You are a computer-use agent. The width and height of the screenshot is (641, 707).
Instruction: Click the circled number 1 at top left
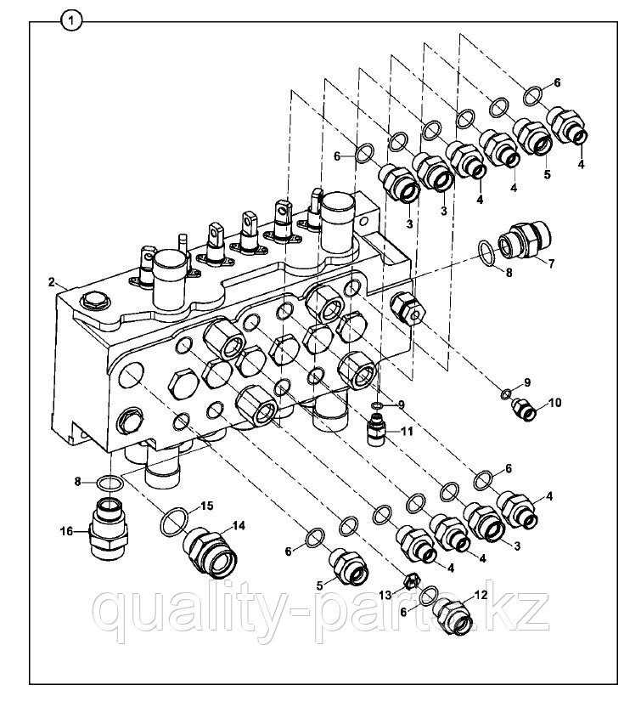coord(72,20)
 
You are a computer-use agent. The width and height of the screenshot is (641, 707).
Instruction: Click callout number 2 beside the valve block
coord(52,282)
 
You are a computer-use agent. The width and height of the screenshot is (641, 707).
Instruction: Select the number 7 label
coord(551,263)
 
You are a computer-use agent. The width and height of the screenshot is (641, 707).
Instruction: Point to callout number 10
coord(554,402)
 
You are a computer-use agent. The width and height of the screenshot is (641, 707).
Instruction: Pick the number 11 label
coord(407,432)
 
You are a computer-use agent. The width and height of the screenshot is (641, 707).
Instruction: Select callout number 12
coord(481,595)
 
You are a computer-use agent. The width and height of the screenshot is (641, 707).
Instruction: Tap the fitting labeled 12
coord(453,618)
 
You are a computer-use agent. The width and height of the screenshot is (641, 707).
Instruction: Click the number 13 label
coord(385,595)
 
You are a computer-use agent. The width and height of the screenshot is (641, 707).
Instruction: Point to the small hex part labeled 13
coord(411,581)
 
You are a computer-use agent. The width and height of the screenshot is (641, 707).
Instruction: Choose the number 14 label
coord(239,526)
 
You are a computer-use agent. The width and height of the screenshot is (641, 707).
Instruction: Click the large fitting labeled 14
coord(210,551)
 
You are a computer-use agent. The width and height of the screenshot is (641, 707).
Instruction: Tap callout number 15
coord(207,506)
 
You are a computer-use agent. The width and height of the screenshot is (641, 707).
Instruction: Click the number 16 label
coord(66,532)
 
